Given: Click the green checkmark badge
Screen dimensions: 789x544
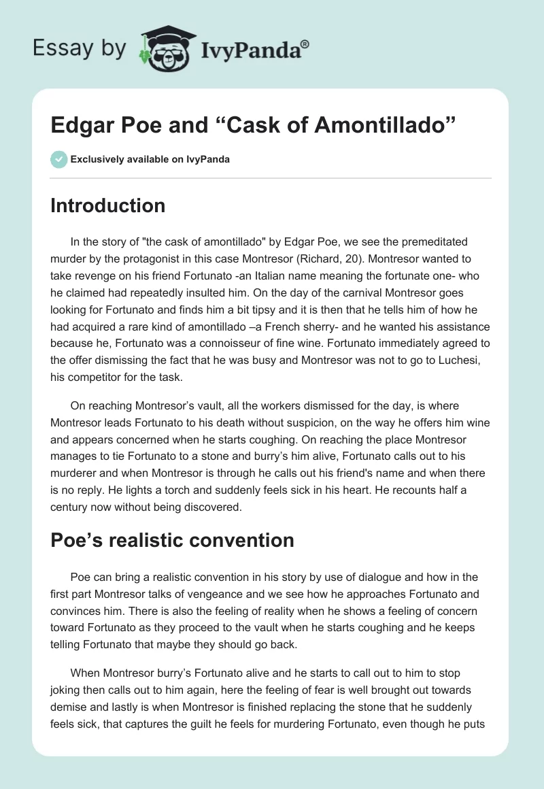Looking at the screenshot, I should (x=58, y=159).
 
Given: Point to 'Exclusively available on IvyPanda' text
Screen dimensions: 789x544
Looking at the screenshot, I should (x=150, y=160).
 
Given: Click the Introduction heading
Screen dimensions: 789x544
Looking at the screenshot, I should (x=107, y=205).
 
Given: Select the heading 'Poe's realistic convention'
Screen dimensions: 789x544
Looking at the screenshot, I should (x=172, y=540).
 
